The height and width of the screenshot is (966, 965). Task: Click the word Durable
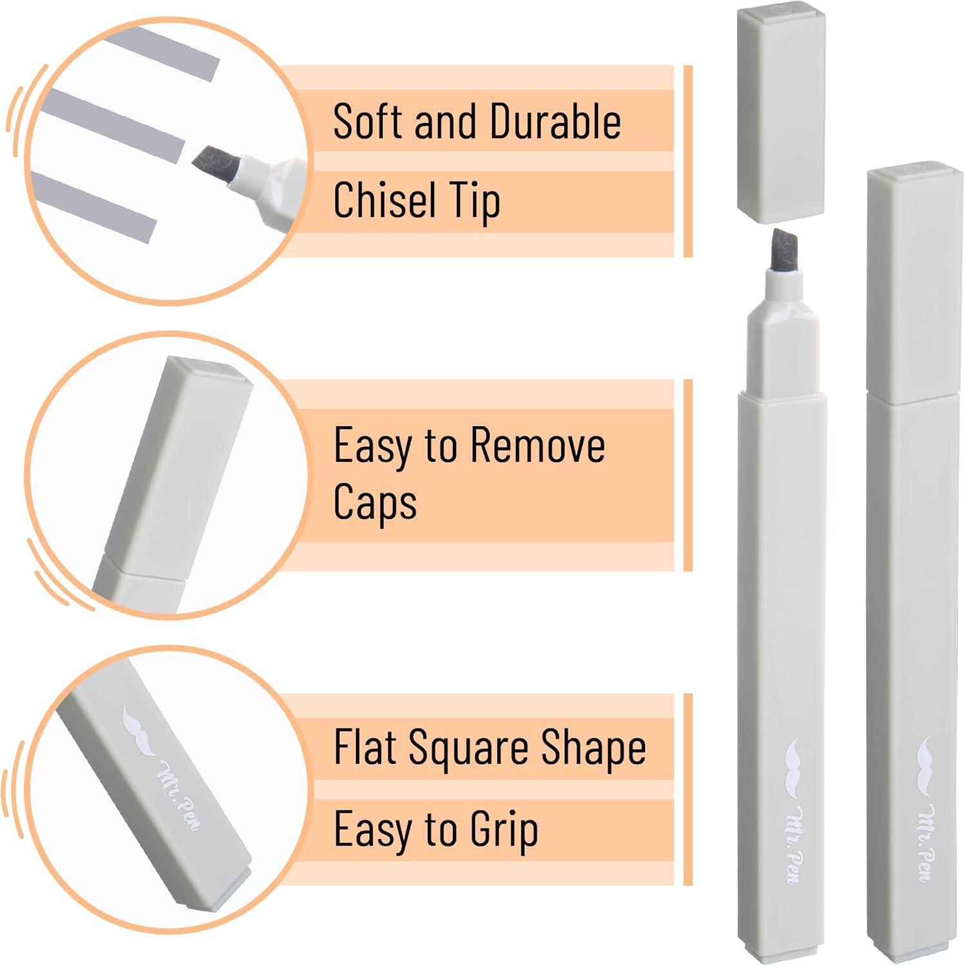coord(555,121)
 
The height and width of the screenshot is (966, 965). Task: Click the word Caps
coord(375,502)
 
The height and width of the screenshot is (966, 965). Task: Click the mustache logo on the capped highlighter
coord(926,761)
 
